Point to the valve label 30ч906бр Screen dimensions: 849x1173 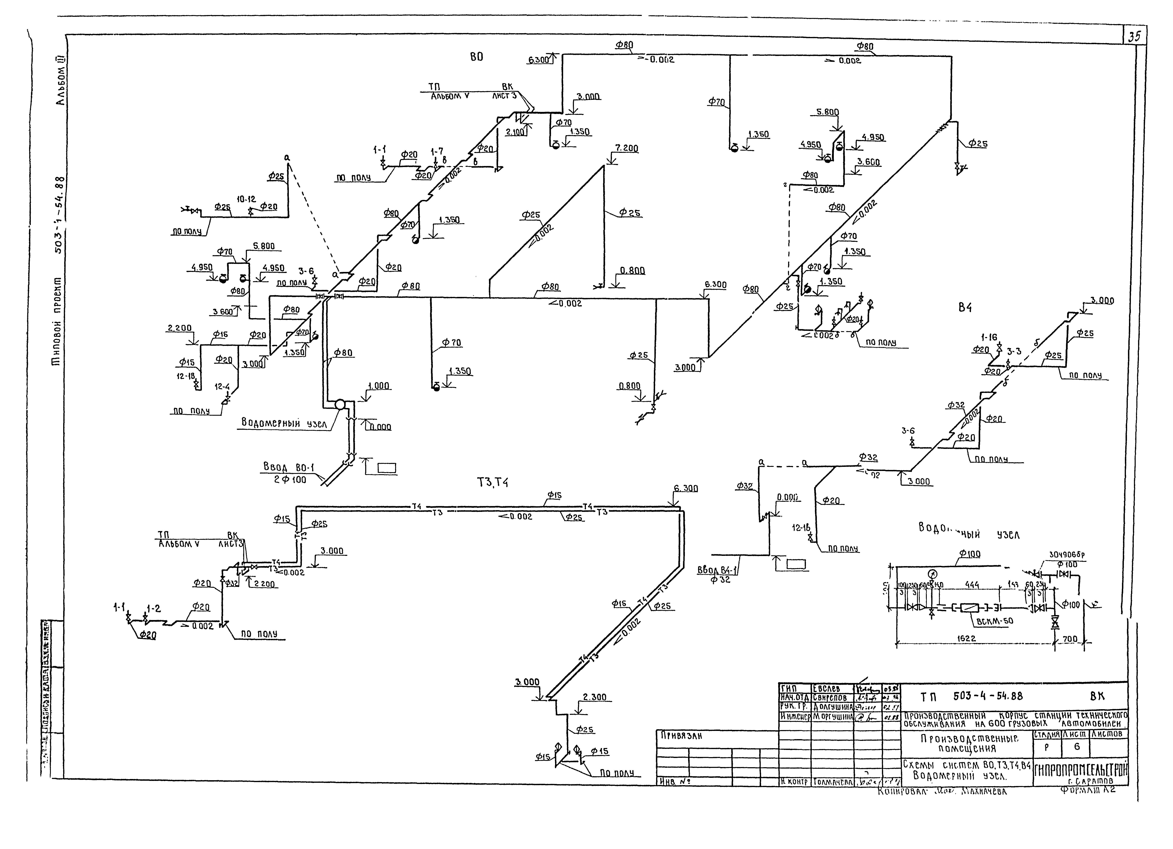tap(1067, 555)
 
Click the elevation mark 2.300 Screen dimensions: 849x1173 tap(594, 697)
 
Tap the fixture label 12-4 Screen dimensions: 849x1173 tap(222, 386)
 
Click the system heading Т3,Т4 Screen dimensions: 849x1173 tap(492, 482)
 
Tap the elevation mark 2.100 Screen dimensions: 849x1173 tap(515, 132)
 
